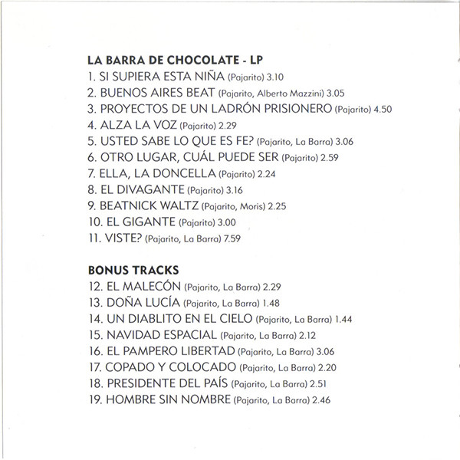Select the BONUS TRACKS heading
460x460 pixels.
[133, 271]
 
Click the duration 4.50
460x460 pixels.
[382, 110]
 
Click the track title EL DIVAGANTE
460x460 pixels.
[142, 189]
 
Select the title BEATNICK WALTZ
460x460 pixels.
[149, 205]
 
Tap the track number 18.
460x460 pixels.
[95, 383]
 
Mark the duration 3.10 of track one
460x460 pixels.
[273, 77]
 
